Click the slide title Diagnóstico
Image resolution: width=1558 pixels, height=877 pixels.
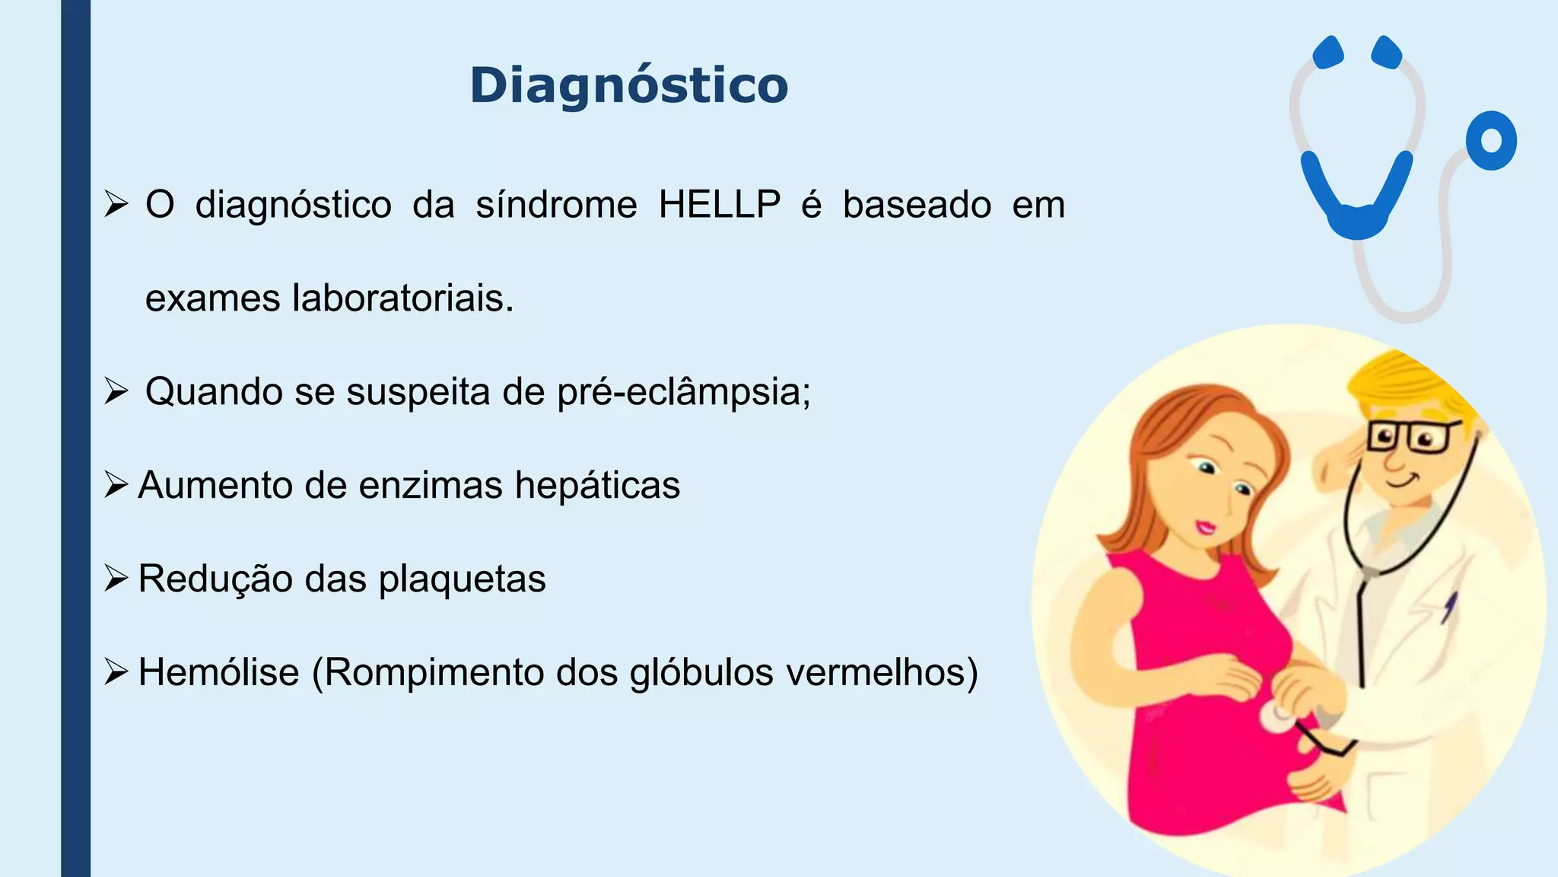click(x=628, y=85)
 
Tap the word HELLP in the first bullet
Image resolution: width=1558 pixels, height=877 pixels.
click(x=719, y=205)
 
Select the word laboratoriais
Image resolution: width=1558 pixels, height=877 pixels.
click(x=403, y=298)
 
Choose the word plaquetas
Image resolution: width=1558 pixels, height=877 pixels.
click(x=462, y=579)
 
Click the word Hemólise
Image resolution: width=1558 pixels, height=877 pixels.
click(x=219, y=672)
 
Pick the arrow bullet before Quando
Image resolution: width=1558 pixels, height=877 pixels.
click(x=116, y=391)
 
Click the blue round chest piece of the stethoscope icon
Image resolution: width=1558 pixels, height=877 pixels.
click(x=1491, y=141)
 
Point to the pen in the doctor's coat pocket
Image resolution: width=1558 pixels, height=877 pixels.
click(x=1450, y=606)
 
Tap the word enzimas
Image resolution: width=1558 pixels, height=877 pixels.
click(x=431, y=486)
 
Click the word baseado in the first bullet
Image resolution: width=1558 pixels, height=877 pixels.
click(x=917, y=205)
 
